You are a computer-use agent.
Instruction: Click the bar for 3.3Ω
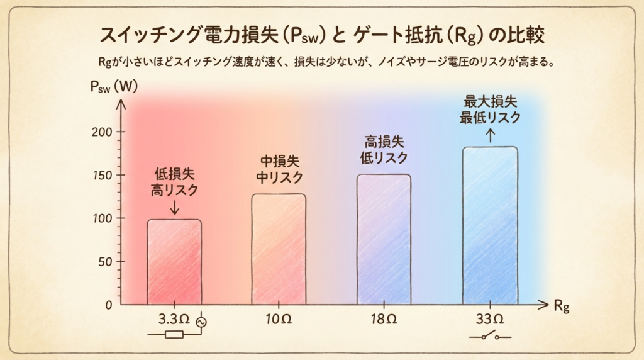174,262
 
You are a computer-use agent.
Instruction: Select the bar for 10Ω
279,249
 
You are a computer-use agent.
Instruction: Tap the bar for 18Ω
384,239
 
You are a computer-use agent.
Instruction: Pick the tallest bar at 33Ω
490,225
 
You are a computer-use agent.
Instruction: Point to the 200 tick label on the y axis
102,132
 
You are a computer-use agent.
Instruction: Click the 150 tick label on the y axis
102,176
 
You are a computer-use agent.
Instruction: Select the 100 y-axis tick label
102,218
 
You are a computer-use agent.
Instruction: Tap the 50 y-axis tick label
105,262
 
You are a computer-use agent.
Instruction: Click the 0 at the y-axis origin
108,305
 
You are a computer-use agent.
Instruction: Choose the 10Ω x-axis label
279,319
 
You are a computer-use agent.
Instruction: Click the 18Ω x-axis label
384,319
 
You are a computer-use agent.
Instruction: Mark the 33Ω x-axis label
490,319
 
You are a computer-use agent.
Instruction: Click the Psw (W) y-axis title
114,87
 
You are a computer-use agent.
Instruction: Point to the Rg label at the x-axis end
562,307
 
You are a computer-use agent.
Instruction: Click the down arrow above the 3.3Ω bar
175,207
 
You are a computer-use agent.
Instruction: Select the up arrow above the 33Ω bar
490,135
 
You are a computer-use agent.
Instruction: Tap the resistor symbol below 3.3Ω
174,335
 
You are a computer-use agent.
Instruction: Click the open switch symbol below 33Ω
490,335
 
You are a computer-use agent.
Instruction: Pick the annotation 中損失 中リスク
279,170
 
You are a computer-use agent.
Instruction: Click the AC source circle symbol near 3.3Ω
201,323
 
